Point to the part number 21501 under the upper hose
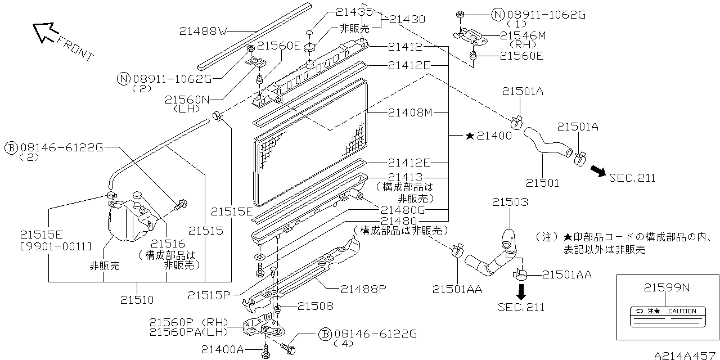pyautogui.click(x=543, y=182)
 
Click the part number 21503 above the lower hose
pyautogui.click(x=510, y=202)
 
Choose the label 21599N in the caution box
pyautogui.click(x=667, y=288)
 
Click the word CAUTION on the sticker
pyautogui.click(x=682, y=311)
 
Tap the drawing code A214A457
pyautogui.click(x=686, y=355)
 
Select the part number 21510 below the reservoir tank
pyautogui.click(x=136, y=300)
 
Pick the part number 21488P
pyautogui.click(x=363, y=289)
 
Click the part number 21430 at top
pyautogui.click(x=407, y=19)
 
